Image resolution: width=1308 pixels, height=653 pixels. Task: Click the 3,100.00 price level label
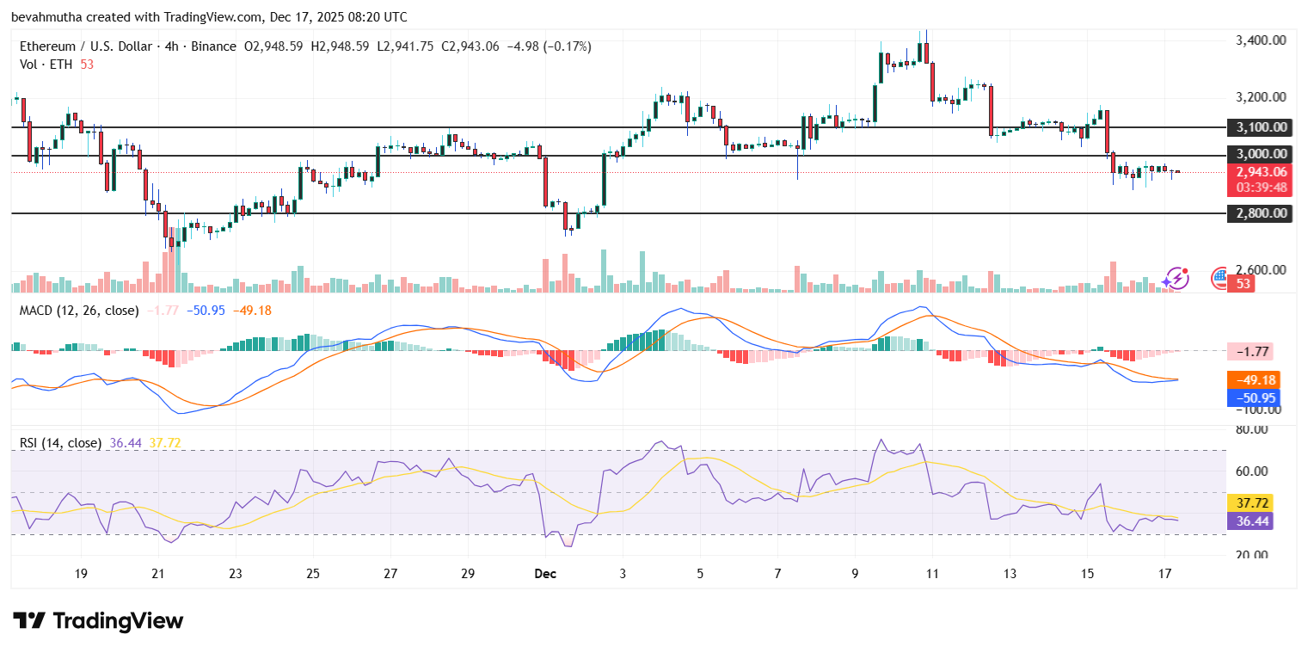click(x=1260, y=127)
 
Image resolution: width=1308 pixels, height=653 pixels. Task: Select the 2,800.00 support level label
click(x=1260, y=213)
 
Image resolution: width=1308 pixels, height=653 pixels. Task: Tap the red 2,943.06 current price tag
click(x=1260, y=172)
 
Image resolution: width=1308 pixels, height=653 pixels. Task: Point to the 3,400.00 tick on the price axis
click(x=1260, y=40)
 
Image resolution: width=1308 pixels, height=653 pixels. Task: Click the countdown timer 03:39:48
click(x=1260, y=187)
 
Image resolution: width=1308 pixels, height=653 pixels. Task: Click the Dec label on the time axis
click(x=545, y=574)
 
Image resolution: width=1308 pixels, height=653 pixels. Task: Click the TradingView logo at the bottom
click(x=98, y=620)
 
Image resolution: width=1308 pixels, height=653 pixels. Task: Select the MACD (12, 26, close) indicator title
click(x=79, y=310)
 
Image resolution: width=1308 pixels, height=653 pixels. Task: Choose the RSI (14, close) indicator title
click(x=60, y=443)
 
